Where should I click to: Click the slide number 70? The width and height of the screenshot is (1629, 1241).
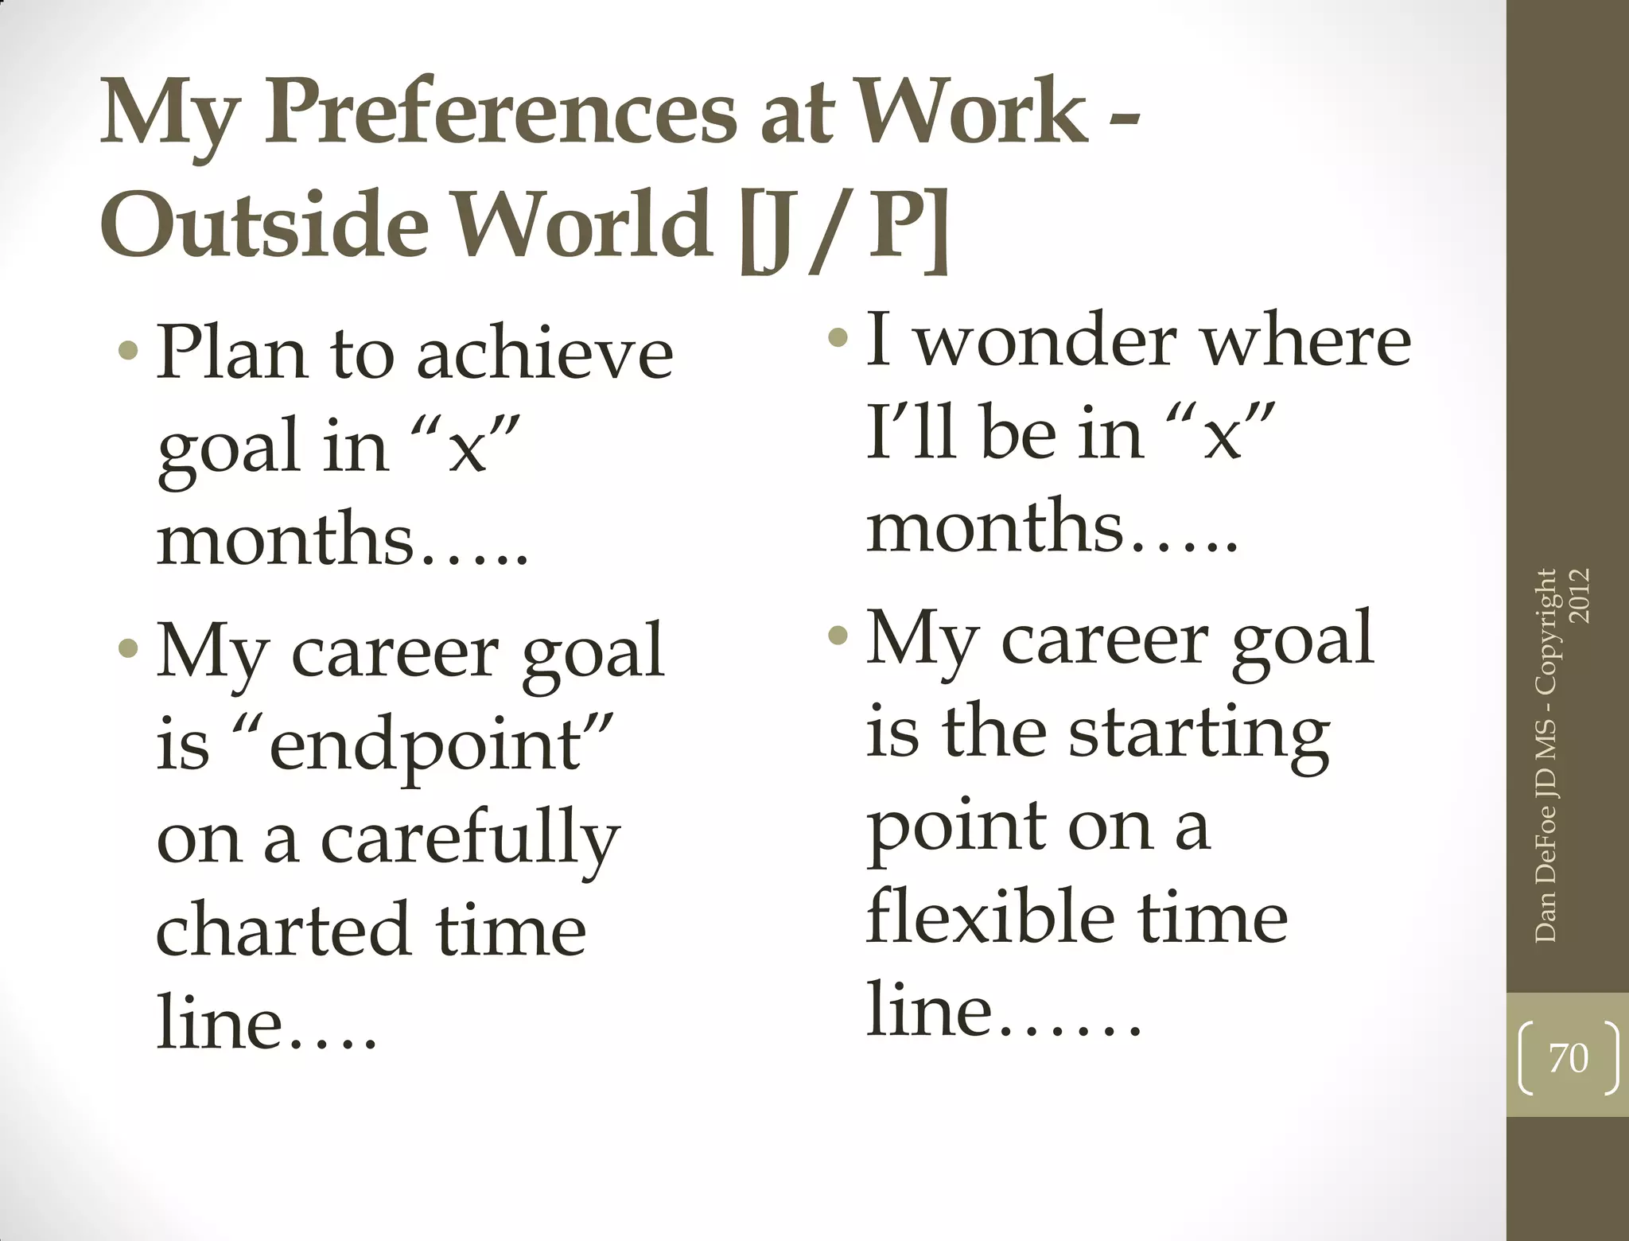coord(1568,1058)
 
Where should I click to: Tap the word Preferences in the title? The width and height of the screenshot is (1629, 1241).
coord(501,113)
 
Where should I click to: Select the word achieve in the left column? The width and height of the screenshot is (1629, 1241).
coord(545,353)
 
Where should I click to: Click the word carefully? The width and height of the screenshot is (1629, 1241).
coord(469,838)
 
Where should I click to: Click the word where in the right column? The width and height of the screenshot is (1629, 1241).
coord(1305,340)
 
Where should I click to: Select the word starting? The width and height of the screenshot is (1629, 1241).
coord(1199,733)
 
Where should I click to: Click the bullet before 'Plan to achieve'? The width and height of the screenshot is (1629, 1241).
coord(127,350)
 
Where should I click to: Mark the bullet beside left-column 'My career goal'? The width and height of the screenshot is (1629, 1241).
coord(127,650)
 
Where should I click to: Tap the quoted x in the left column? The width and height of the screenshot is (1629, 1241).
coord(466,447)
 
